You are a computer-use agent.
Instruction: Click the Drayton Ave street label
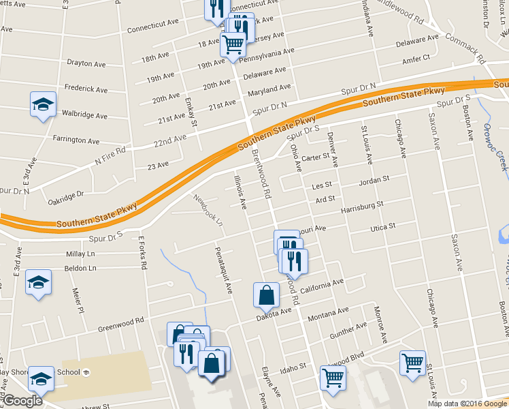tap(86, 63)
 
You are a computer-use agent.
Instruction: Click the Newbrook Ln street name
tap(208, 210)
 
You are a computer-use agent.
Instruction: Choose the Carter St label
tap(315, 158)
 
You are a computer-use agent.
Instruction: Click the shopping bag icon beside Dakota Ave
tap(265, 295)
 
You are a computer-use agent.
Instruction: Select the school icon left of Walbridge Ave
tap(43, 104)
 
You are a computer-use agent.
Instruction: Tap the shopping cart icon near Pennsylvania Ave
tap(233, 44)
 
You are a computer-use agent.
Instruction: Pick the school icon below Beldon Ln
tap(38, 282)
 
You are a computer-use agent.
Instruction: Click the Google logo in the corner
tap(22, 401)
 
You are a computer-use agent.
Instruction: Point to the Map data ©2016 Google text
tap(467, 404)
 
